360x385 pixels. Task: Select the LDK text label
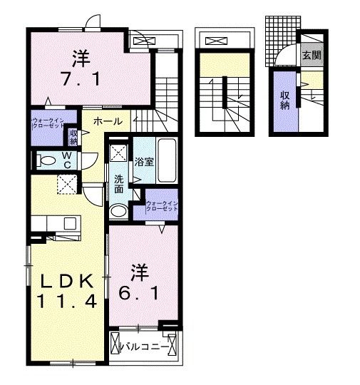(x=63, y=279)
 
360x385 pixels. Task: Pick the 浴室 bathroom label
(x=145, y=161)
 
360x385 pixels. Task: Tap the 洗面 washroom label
(x=119, y=185)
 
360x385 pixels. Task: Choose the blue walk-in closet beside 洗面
(x=160, y=207)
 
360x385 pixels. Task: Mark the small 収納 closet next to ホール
(x=73, y=136)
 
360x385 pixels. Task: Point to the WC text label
(x=66, y=158)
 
